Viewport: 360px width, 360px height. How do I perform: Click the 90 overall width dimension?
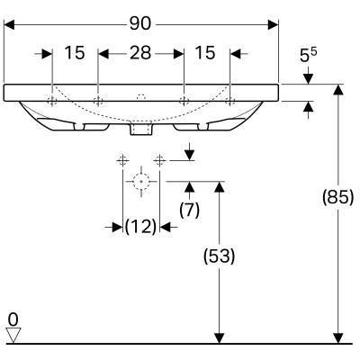140,23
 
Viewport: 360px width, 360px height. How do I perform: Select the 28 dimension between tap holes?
140,53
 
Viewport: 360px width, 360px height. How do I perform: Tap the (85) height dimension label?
337,197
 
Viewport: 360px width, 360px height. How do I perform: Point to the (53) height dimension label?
220,256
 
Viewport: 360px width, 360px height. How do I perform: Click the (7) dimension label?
189,210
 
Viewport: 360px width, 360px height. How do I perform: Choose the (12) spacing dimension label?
140,227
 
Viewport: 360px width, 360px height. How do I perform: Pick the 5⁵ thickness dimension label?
309,55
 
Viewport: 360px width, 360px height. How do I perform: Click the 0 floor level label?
13,319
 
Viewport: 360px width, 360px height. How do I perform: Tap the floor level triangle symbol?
13,335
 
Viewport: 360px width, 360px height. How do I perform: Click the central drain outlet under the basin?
141,129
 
